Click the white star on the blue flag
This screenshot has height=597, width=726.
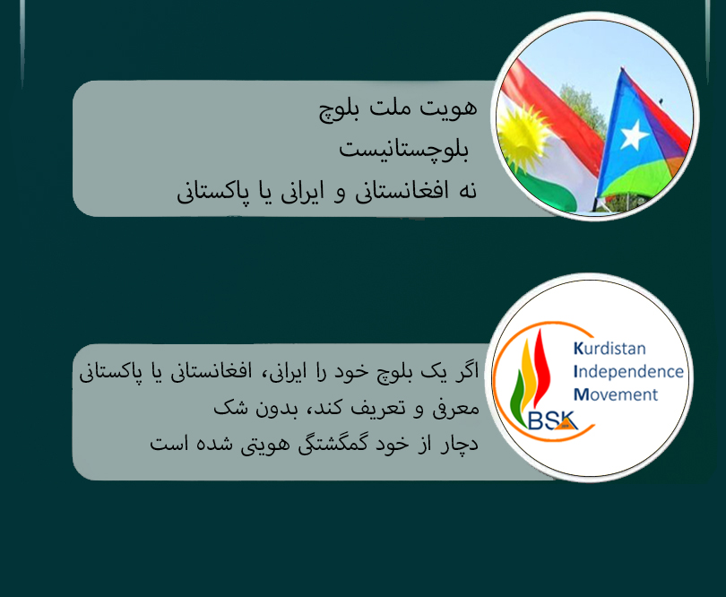(634, 134)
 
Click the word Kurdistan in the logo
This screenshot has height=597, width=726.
(609, 349)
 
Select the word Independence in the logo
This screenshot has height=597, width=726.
(628, 371)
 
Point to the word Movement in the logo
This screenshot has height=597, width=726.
(616, 394)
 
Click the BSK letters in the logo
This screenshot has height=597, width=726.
(553, 420)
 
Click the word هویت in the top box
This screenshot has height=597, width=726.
(448, 108)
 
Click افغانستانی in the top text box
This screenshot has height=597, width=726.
(402, 191)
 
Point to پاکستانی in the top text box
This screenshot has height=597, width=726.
(212, 191)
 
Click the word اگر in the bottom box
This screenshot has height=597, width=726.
(466, 371)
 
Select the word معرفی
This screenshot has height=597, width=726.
(455, 409)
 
